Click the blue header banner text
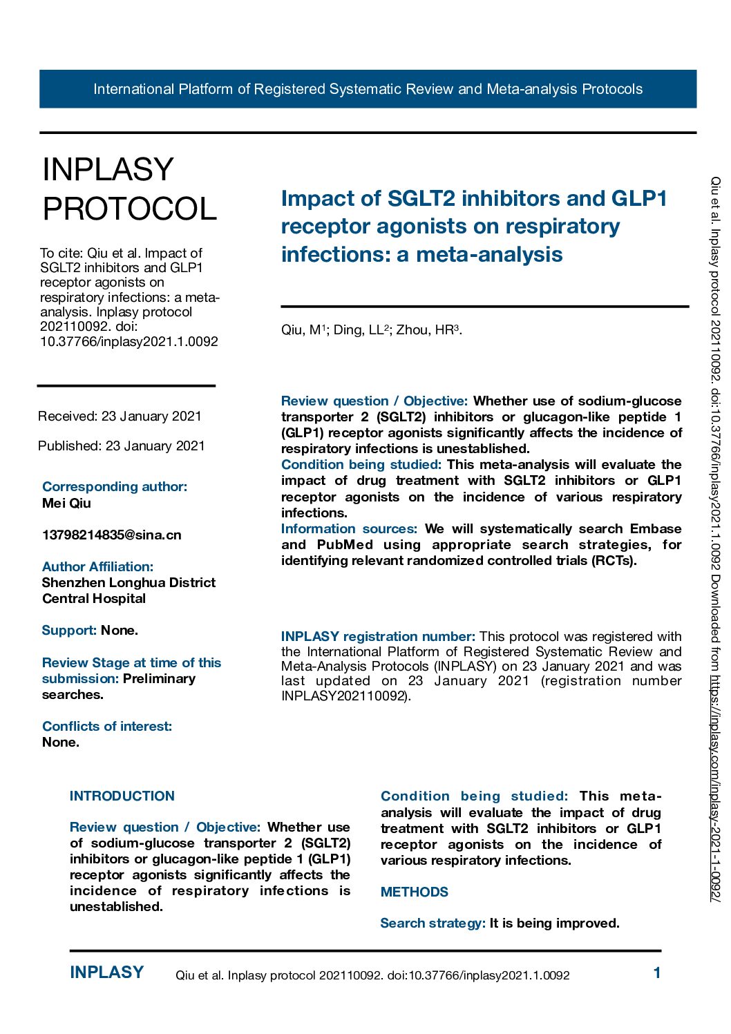368,89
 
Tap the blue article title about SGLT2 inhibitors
473,227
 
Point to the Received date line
120,416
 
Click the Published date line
121,446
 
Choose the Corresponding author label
114,487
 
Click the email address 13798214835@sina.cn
111,535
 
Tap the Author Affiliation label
97,567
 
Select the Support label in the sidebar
68,631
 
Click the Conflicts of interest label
107,727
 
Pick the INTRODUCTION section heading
122,796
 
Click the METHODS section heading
414,892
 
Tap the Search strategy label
433,923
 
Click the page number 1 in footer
656,973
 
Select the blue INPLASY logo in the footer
106,973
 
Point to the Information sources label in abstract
349,529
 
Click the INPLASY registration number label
378,637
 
